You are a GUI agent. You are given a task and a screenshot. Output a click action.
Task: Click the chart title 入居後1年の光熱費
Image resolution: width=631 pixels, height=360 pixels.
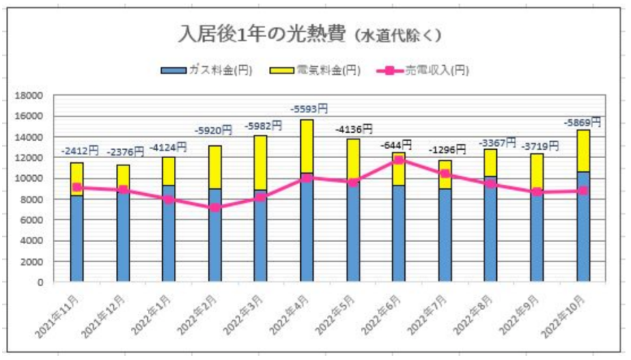(x=262, y=35)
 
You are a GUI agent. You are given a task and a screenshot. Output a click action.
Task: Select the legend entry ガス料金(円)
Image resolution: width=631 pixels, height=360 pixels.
(x=206, y=71)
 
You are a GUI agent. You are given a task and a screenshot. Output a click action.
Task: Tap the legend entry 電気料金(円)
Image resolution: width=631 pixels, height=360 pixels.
(x=315, y=71)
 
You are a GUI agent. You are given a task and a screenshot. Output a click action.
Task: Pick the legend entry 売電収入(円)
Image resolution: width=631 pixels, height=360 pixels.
(x=423, y=71)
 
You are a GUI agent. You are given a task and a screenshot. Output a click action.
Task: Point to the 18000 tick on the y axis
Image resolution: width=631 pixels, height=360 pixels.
(x=29, y=95)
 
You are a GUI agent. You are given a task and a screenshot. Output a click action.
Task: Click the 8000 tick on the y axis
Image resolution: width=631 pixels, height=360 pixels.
(x=31, y=199)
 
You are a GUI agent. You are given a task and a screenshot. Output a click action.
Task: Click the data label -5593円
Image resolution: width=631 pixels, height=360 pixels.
(x=309, y=109)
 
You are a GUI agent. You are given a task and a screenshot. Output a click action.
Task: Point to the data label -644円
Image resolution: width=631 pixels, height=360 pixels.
(x=396, y=145)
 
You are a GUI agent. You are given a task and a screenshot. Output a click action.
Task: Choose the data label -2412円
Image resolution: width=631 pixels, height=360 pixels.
(x=79, y=151)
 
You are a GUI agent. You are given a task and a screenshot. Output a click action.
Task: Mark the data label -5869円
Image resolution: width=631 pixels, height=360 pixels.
(x=582, y=122)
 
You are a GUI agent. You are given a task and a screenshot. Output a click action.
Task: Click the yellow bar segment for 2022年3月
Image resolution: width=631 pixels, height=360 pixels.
(x=260, y=163)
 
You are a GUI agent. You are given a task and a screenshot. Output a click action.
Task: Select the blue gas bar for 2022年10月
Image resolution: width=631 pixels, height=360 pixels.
(x=583, y=227)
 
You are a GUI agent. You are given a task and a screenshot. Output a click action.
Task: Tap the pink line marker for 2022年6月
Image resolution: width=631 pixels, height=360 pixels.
(x=399, y=160)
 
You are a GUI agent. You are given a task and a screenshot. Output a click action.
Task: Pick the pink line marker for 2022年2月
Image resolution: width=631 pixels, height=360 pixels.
(x=215, y=208)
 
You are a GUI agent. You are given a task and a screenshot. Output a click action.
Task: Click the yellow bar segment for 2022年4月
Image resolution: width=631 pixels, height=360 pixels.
(x=307, y=146)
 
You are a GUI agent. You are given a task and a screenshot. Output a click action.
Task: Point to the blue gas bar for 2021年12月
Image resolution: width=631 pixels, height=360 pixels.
(x=123, y=236)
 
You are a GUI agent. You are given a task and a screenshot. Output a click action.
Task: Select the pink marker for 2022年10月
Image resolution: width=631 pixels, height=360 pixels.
(x=583, y=191)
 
